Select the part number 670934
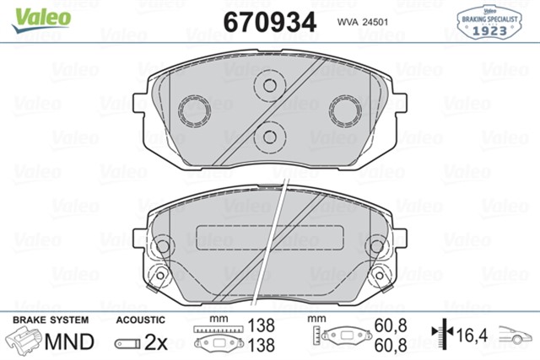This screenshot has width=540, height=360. pyautogui.click(x=269, y=20)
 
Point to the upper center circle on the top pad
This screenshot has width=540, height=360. pyautogui.click(x=270, y=85)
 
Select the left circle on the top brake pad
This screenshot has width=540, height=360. pyautogui.click(x=196, y=110)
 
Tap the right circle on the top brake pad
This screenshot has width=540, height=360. pyautogui.click(x=344, y=110)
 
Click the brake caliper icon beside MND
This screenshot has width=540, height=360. pyautogui.click(x=25, y=342)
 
